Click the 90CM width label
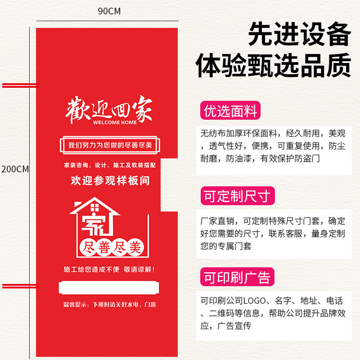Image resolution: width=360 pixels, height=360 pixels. point(109,11)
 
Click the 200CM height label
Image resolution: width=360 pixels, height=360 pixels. point(15,170)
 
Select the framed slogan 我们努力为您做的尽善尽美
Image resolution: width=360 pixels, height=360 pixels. point(111,145)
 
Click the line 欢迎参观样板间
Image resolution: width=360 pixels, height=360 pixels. point(110,181)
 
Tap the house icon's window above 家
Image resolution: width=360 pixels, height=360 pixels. point(94,207)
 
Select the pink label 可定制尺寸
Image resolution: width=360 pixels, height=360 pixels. point(237,196)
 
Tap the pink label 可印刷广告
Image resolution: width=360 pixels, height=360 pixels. point(237,277)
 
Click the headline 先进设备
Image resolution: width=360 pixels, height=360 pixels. point(299,35)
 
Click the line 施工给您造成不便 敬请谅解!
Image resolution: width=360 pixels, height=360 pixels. point(110,270)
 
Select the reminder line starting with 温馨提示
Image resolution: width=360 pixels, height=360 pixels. point(110,305)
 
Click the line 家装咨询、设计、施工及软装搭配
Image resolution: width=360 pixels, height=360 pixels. point(110,165)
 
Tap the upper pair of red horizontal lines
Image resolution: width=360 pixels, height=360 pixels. point(20,85)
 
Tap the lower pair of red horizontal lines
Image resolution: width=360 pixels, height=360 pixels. point(20,286)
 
